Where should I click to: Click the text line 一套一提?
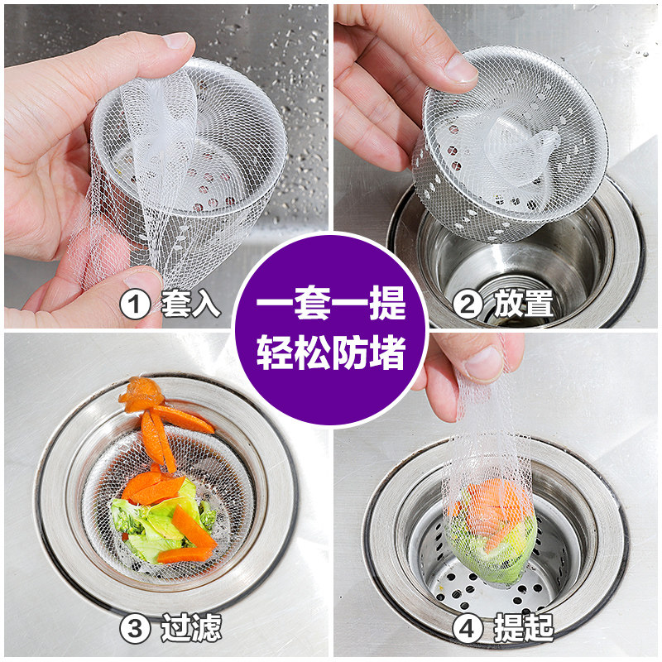click(331, 301)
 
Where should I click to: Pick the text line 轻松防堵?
click(331, 354)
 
